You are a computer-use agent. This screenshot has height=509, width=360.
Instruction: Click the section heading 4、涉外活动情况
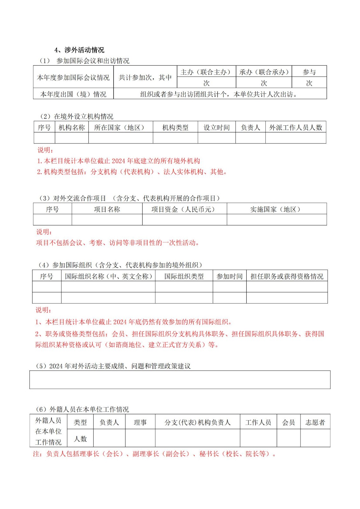79,50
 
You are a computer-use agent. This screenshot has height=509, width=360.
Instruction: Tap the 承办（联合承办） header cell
264,72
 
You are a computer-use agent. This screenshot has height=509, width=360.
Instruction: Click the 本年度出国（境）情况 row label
73,94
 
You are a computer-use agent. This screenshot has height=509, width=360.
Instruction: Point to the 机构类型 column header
175,128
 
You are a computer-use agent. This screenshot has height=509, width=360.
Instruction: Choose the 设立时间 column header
216,128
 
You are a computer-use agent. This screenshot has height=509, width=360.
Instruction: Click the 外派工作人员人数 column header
296,128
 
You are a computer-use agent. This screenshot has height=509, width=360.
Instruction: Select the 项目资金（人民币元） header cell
184,209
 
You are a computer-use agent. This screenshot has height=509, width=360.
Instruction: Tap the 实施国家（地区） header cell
276,209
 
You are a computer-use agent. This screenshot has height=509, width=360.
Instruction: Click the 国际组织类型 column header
184,276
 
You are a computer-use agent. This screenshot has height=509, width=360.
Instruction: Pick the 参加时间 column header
229,276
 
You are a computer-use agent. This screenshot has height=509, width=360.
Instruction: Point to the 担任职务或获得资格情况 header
287,276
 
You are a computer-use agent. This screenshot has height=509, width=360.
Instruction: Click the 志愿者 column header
315,422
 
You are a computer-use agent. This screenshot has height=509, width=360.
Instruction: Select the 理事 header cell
140,422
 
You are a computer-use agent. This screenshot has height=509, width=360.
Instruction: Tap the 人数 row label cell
80,439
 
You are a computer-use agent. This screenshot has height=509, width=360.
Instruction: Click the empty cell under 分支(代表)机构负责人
197,438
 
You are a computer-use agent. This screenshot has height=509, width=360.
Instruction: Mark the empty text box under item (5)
180,380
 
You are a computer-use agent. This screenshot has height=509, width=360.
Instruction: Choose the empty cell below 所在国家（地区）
121,138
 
